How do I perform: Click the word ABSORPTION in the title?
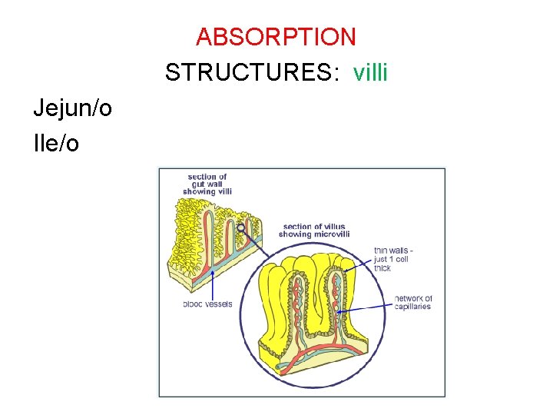[276, 36]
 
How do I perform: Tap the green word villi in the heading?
[370, 72]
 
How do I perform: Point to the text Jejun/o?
[72, 108]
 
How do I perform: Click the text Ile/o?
[55, 144]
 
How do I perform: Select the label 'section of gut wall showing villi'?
[207, 184]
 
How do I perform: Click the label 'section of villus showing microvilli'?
[316, 230]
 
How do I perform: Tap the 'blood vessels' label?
[207, 304]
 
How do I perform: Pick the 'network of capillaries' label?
[413, 302]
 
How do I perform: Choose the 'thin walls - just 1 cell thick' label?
[393, 259]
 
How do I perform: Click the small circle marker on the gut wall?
[242, 227]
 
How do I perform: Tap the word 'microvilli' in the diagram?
[331, 234]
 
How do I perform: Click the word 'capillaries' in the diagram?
[413, 307]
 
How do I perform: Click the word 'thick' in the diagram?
[382, 268]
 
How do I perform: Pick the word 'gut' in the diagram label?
[196, 184]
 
